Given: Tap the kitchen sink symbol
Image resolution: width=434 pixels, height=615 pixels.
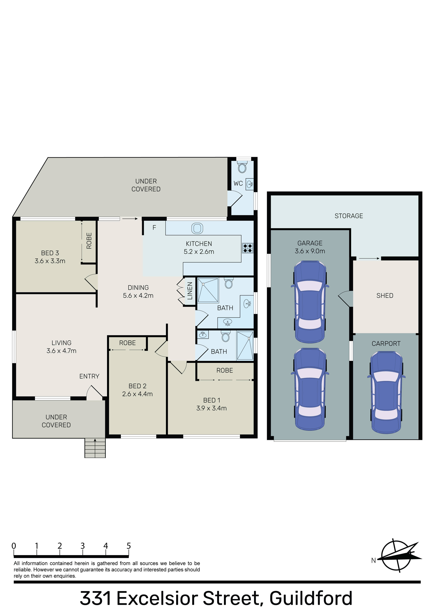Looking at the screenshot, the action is (197, 228).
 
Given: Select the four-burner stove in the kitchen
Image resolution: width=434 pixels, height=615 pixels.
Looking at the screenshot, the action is (247, 248).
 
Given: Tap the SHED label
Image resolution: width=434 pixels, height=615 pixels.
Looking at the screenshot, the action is (385, 296).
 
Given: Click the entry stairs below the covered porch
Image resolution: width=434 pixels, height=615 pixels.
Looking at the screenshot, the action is (95, 448).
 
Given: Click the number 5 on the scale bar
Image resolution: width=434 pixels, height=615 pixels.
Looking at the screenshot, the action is (129, 546).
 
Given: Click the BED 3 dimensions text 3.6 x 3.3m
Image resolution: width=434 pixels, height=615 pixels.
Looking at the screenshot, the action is (50, 261).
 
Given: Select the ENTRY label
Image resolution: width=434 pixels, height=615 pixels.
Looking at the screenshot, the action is (89, 376).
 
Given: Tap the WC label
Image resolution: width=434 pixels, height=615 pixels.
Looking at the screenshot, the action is (238, 184).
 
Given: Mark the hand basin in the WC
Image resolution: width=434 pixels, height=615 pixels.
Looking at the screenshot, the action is (250, 184).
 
